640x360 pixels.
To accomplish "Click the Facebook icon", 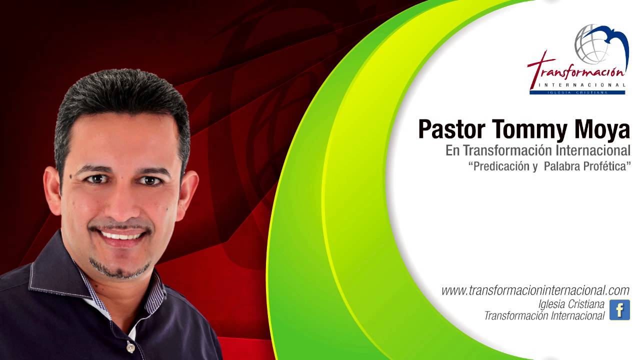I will pos(619,310).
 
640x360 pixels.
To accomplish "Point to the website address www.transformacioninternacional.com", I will pos(535,290).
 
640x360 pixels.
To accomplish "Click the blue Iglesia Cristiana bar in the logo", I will pos(577,92).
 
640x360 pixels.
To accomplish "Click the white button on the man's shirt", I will pos(130,347).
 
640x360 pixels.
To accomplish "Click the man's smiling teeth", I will pos(121,234).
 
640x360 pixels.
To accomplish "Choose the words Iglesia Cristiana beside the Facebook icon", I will pos(571,304).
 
